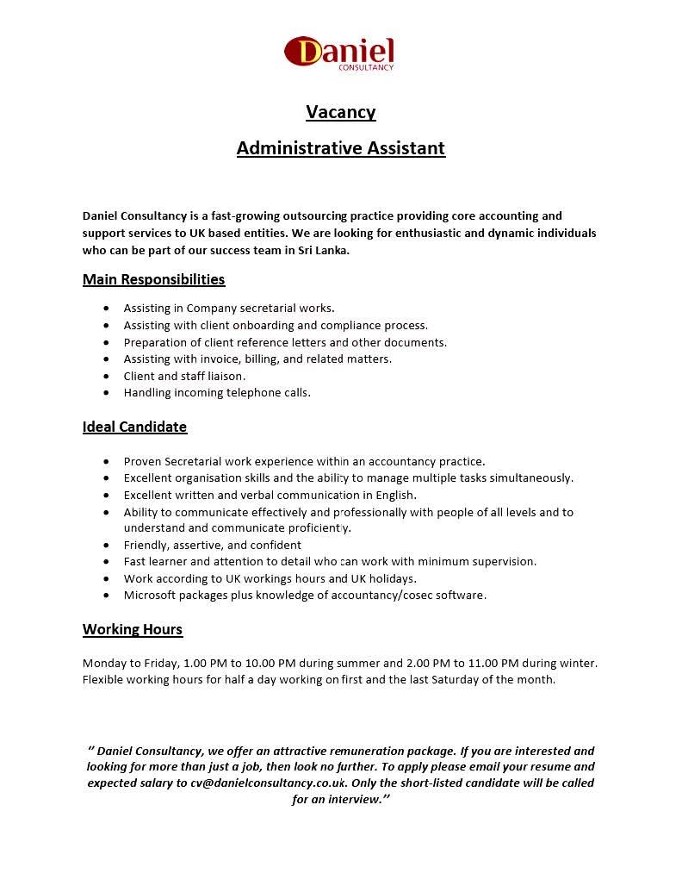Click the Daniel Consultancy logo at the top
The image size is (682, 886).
(339, 53)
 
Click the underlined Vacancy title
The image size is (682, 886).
(341, 112)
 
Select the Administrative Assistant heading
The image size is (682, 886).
(341, 148)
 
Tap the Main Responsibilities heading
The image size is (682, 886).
(153, 279)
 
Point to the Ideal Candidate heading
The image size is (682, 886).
(134, 427)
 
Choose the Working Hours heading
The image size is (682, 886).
(133, 629)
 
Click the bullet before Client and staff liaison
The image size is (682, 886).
(106, 377)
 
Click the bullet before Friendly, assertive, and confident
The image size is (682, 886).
(106, 546)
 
